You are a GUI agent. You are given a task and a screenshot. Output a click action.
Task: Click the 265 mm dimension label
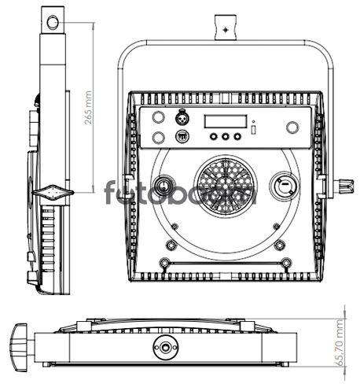point(88,108)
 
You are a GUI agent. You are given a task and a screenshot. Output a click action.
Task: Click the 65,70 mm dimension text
point(340,342)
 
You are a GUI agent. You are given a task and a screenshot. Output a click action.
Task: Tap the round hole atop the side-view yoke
point(53,22)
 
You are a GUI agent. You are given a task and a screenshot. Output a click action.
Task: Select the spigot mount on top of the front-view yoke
point(226,28)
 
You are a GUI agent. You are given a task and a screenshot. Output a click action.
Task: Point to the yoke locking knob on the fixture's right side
point(345,186)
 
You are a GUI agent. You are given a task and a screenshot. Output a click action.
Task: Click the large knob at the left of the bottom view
point(19,347)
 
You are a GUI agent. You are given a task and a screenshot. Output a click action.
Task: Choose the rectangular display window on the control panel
point(226,121)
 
